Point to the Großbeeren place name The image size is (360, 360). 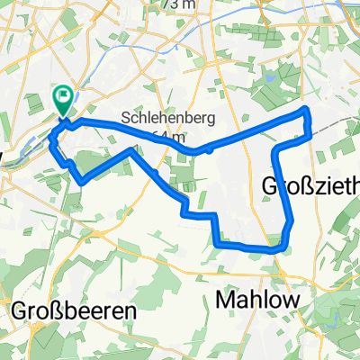coord(74,310)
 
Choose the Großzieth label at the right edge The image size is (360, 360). coord(310,185)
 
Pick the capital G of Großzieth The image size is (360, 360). coord(270,185)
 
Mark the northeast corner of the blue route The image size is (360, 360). coord(308,110)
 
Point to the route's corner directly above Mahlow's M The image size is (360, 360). coord(219,241)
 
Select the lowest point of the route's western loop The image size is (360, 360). coord(82,183)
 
